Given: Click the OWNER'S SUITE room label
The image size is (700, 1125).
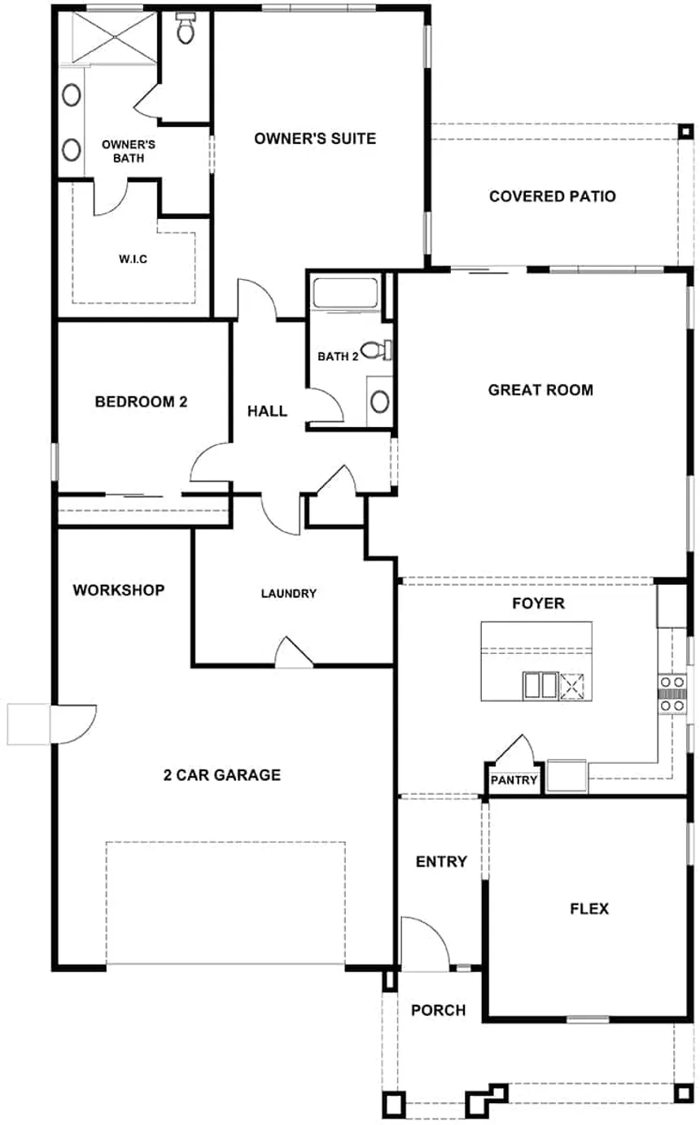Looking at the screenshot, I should click(x=315, y=138).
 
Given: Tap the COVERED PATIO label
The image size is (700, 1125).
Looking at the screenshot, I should click(x=552, y=196).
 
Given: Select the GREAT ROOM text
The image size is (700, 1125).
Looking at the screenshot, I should click(x=540, y=390).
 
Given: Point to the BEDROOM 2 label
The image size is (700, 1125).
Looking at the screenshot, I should click(x=142, y=401).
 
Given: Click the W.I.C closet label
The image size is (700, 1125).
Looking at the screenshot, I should click(x=131, y=259).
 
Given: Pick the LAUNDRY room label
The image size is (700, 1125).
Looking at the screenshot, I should click(x=288, y=593).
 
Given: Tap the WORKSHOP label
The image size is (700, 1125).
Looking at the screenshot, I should click(x=119, y=590).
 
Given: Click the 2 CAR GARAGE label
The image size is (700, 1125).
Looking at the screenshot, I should click(x=222, y=775).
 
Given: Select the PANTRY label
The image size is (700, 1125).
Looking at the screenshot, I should click(x=514, y=781).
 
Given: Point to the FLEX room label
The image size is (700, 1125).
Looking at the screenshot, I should click(x=589, y=909).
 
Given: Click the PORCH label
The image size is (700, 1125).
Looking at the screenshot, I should click(x=438, y=1010).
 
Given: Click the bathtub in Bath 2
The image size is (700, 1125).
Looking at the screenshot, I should click(x=346, y=294).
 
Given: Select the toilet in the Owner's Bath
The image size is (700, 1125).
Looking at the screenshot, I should click(x=185, y=28).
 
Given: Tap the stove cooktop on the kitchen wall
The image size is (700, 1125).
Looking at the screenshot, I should click(x=673, y=694).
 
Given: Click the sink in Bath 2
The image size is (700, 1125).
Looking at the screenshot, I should click(x=378, y=401).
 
